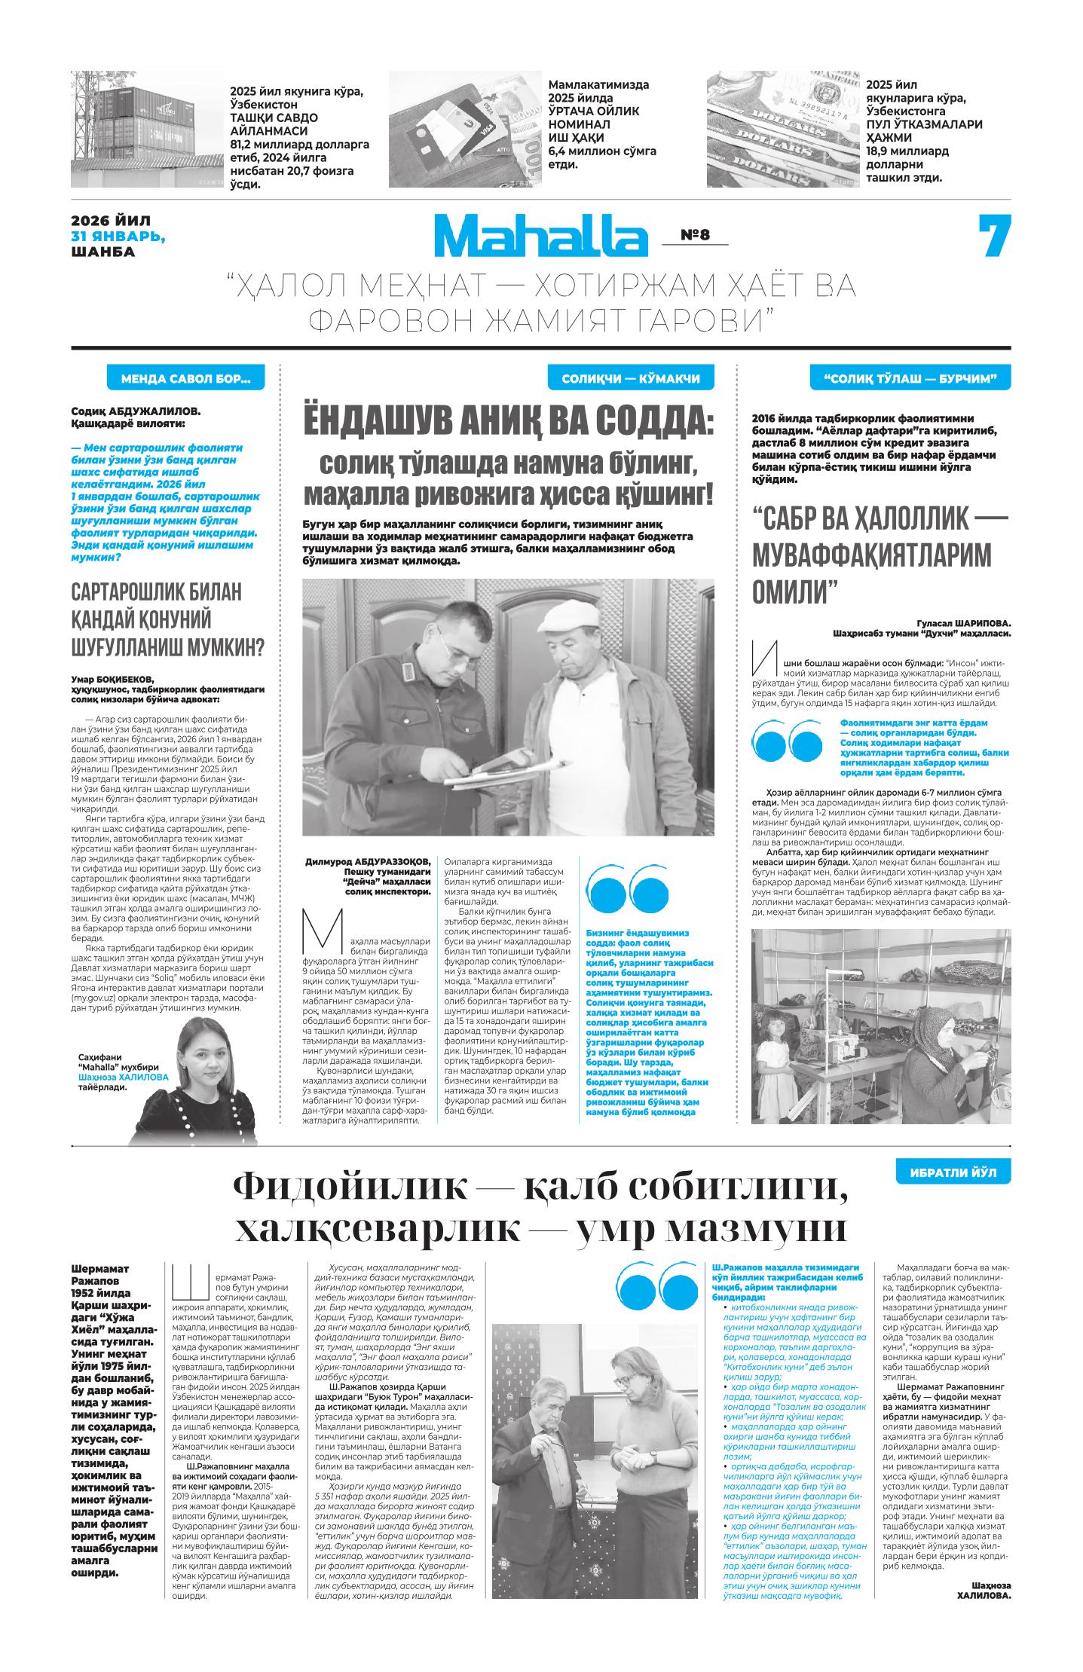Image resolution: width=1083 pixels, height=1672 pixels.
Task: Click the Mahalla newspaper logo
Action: click(x=540, y=235)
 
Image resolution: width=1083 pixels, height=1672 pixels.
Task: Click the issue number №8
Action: click(x=695, y=235)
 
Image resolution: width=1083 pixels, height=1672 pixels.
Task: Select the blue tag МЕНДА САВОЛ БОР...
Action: click(x=185, y=379)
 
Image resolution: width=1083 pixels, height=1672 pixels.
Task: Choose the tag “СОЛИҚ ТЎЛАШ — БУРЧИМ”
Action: click(x=910, y=379)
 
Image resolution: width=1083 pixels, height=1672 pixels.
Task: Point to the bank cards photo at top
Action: click(x=465, y=129)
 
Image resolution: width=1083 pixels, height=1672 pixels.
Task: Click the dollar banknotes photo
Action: click(x=782, y=129)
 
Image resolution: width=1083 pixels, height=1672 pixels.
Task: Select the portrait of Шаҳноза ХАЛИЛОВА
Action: click(x=184, y=1077)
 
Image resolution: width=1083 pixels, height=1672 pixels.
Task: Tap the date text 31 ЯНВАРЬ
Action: click(x=118, y=237)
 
